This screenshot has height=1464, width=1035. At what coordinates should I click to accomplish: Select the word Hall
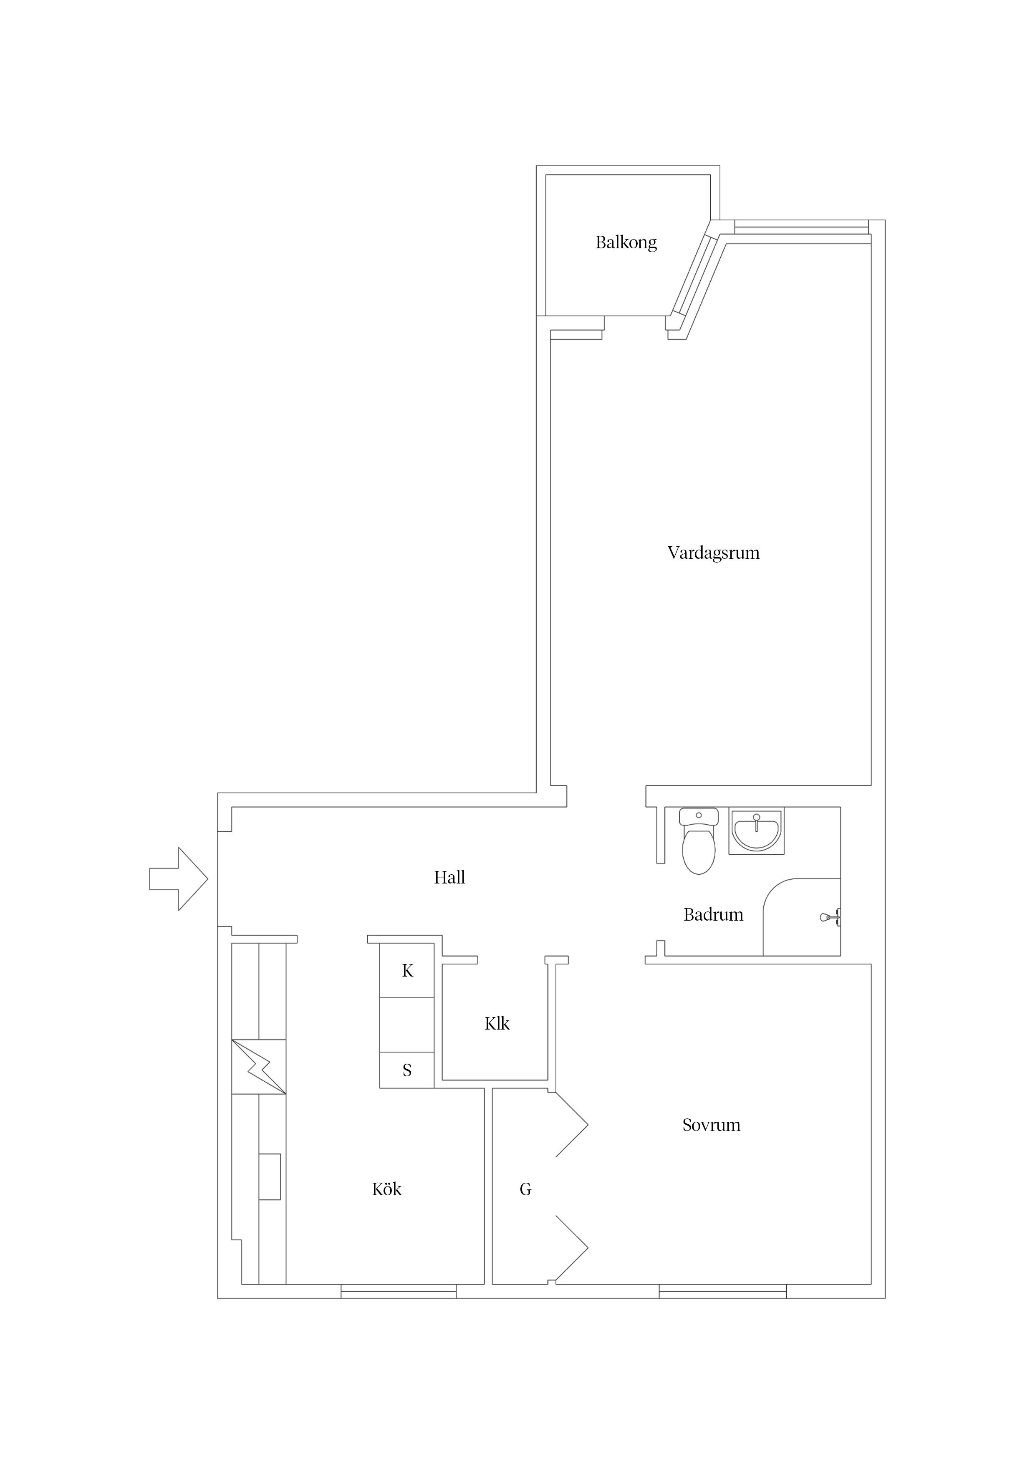449,878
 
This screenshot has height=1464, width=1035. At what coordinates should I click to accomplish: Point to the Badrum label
713,915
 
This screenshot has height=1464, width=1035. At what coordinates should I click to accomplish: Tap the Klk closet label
497,1024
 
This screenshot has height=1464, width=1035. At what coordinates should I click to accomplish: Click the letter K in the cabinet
407,971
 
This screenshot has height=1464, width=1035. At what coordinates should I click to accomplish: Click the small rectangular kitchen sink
270,1176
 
